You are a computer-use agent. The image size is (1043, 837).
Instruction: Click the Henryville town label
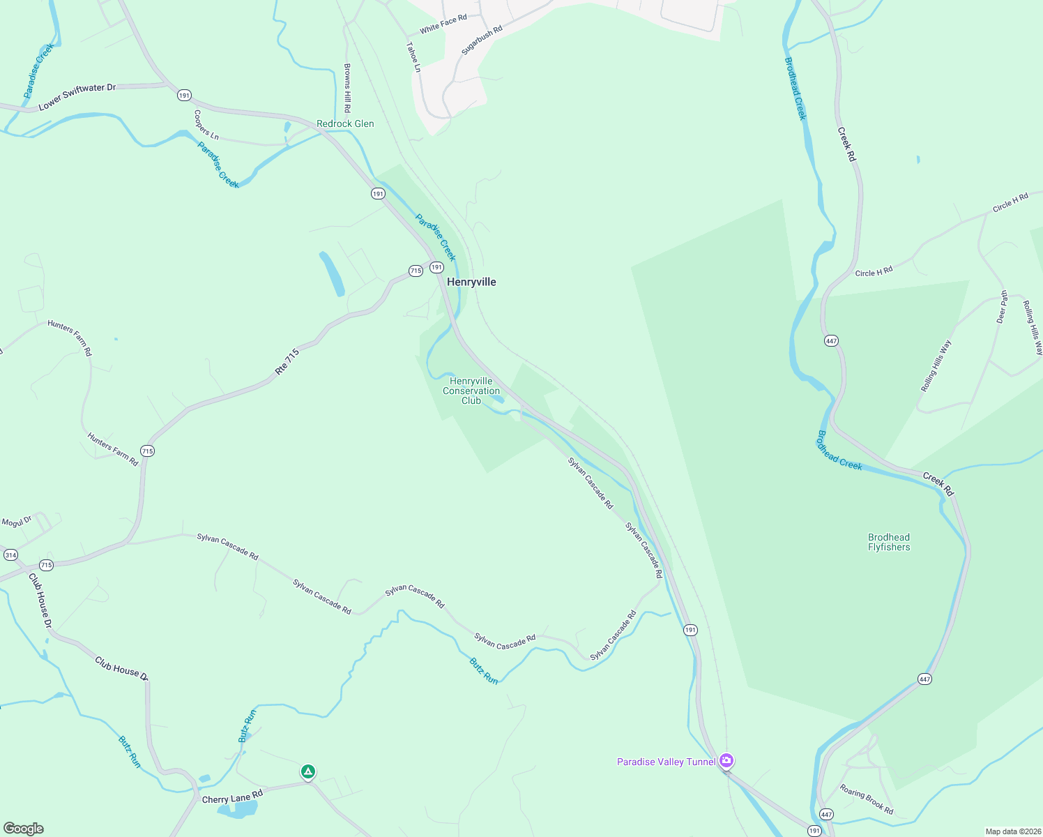pos(471,282)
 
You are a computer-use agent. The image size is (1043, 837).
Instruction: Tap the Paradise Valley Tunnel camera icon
pos(726,760)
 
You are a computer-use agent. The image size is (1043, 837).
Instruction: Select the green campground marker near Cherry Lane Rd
pos(308,771)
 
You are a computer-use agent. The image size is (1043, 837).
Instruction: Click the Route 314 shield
pos(10,555)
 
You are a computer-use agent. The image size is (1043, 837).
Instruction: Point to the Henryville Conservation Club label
pos(471,391)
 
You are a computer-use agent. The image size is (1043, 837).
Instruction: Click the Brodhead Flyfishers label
pos(889,542)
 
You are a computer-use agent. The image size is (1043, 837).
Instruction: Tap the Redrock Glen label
pos(345,123)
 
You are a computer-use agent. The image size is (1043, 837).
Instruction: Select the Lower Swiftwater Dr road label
pos(77,97)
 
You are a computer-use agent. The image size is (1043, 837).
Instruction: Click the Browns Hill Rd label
pos(347,89)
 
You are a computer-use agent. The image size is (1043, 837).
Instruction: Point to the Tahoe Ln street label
pos(413,56)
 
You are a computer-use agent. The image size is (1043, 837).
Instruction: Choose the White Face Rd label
pos(443,24)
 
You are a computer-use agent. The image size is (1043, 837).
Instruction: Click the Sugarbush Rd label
pos(482,41)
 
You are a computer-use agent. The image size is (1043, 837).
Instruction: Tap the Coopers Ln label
pos(206,125)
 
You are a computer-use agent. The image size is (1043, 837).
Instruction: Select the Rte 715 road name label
pos(287,362)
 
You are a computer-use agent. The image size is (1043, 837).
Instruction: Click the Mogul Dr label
pos(17,522)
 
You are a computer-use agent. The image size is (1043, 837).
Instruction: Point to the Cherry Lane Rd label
pos(232,797)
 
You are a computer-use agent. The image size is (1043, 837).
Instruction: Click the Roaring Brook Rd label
pos(867,799)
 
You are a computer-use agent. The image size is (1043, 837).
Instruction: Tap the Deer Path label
pos(1003,307)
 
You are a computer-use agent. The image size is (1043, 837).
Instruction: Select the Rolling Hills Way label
pos(936,365)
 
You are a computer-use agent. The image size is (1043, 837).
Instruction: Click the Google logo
pos(23,829)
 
